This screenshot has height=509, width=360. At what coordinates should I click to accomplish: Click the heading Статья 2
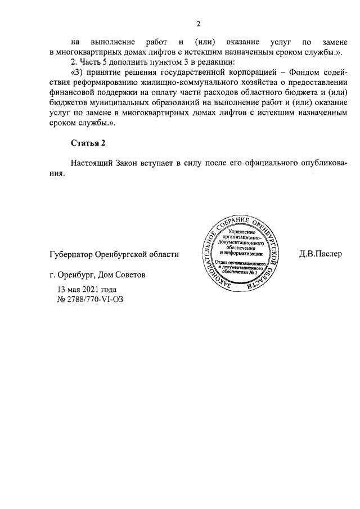point(88,142)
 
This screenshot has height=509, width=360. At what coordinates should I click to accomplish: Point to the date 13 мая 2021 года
point(87,289)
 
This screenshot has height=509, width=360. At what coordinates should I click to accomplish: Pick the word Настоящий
point(91,163)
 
